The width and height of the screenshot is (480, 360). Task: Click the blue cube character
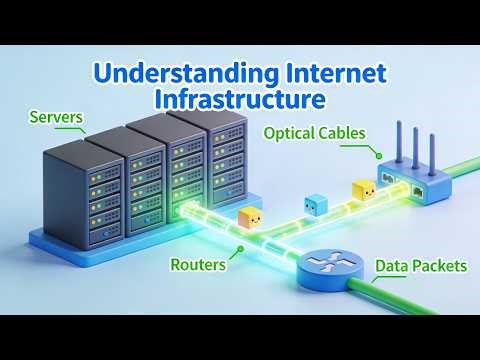316,206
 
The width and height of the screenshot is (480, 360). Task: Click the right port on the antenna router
415,188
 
